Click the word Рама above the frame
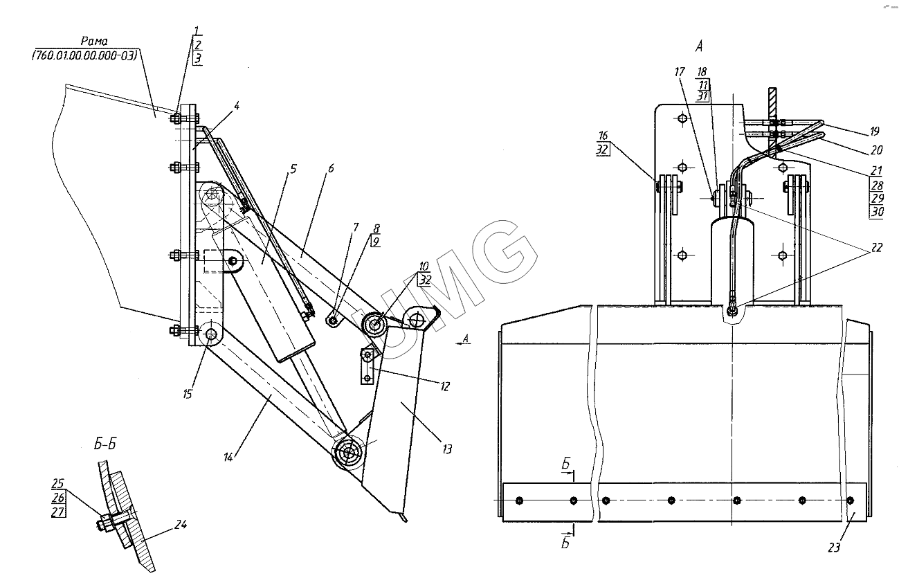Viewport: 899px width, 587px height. click(94, 41)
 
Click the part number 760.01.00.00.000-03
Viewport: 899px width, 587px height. click(84, 55)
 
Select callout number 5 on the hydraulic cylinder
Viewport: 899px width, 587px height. click(293, 170)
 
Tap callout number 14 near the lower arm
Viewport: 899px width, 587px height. click(228, 458)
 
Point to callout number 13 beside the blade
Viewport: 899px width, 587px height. click(447, 449)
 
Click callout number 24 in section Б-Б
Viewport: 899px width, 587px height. click(180, 525)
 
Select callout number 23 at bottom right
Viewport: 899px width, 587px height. click(834, 548)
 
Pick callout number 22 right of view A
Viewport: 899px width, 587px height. click(877, 247)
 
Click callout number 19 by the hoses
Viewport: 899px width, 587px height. click(875, 132)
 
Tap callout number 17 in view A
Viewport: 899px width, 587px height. click(679, 72)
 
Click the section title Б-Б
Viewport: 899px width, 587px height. click(105, 444)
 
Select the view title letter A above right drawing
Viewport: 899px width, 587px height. click(699, 46)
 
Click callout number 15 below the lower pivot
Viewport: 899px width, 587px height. click(188, 395)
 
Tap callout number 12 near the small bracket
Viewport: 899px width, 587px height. click(445, 386)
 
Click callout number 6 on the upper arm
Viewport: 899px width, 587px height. click(331, 168)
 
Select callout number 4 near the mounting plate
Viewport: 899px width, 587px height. click(237, 106)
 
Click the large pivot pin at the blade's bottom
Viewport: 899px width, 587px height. click(347, 453)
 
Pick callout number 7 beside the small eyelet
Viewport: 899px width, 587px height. click(356, 228)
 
